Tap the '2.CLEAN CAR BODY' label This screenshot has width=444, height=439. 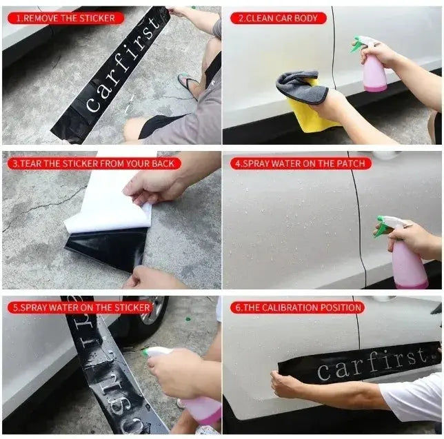(278, 18)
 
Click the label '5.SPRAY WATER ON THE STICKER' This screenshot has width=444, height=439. (80, 307)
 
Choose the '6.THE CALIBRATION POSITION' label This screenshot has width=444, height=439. (297, 307)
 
